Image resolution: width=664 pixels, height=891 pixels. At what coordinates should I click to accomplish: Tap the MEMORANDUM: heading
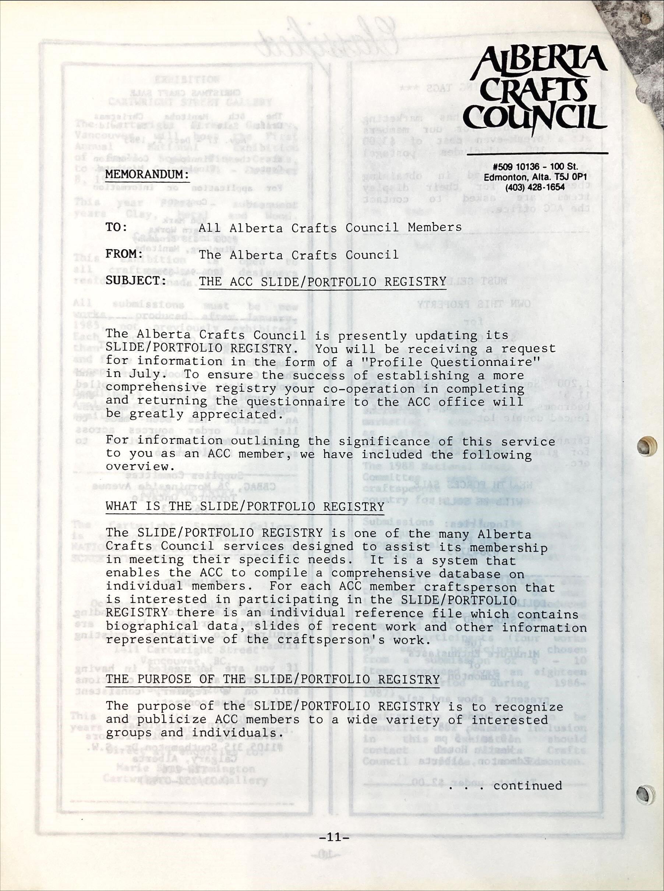click(x=147, y=175)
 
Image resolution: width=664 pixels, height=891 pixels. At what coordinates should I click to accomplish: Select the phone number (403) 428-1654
click(x=535, y=187)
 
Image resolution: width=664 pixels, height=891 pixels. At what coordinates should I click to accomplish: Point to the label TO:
click(x=117, y=227)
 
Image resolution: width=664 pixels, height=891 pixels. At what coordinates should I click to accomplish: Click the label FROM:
click(x=124, y=254)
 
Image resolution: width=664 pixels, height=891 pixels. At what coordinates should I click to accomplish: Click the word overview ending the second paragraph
click(x=137, y=467)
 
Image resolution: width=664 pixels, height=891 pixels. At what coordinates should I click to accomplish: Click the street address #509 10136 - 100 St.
click(x=536, y=166)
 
